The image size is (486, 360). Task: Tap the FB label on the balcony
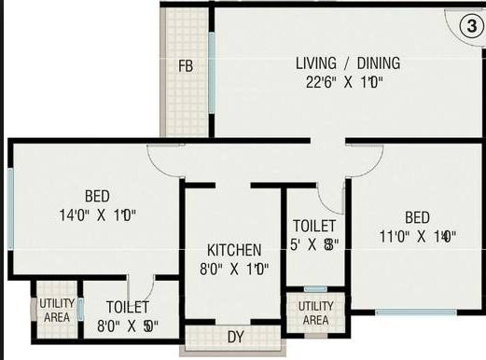[187, 66]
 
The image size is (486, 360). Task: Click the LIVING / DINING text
[347, 63]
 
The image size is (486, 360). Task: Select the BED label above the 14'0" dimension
[97, 196]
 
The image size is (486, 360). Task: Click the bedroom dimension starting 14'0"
[97, 215]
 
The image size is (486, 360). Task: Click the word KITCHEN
[234, 251]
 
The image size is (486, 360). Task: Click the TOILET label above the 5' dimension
[314, 226]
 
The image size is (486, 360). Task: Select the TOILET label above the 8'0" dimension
[128, 306]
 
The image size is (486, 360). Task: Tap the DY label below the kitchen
[233, 336]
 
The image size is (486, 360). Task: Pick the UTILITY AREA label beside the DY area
[315, 313]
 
